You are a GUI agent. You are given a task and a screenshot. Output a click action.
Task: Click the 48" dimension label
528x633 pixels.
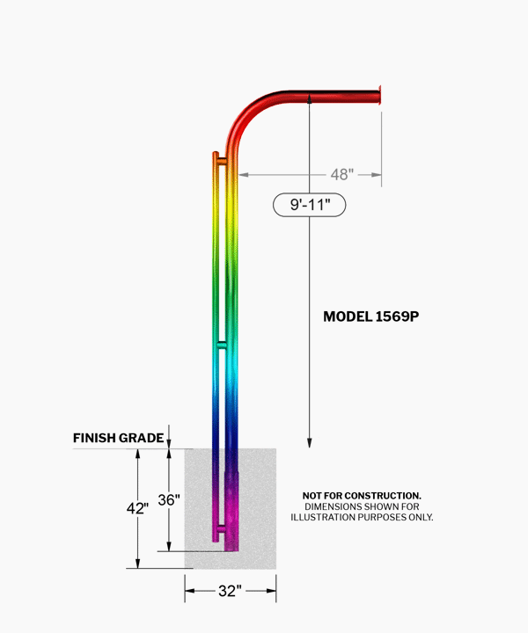click(342, 174)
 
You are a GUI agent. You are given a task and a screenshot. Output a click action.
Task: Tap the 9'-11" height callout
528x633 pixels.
click(310, 205)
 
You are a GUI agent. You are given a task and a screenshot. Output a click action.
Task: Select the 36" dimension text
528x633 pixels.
click(169, 499)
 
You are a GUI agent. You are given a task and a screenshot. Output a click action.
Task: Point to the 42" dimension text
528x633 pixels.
click(137, 508)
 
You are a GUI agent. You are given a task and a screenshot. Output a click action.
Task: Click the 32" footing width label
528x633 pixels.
click(230, 591)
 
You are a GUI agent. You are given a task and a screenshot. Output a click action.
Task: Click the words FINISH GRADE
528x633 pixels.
click(119, 438)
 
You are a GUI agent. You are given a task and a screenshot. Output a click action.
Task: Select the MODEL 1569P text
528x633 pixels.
click(370, 316)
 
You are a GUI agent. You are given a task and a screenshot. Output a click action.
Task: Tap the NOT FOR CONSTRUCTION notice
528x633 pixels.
click(362, 495)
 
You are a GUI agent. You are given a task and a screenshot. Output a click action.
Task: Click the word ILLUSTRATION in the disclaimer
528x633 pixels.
click(320, 517)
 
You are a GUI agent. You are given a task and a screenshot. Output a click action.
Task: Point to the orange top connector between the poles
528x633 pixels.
click(222, 162)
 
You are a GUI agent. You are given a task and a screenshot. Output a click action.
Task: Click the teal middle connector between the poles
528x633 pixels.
click(222, 345)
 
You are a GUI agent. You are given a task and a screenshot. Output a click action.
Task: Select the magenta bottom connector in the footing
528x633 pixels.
click(222, 528)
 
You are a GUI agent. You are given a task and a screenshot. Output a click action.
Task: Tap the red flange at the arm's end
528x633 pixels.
click(380, 96)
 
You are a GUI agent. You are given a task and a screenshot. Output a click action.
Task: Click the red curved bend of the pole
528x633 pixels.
click(252, 117)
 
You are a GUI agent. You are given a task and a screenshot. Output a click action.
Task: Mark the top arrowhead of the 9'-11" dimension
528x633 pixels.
click(310, 98)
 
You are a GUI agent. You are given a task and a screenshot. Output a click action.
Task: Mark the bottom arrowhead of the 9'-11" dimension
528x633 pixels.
click(310, 442)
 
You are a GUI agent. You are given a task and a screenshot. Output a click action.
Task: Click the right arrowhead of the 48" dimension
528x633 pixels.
click(376, 175)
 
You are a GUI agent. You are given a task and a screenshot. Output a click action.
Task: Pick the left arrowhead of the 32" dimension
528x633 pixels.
click(190, 591)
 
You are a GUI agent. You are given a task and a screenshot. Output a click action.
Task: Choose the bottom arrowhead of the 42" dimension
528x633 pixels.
click(138, 564)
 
